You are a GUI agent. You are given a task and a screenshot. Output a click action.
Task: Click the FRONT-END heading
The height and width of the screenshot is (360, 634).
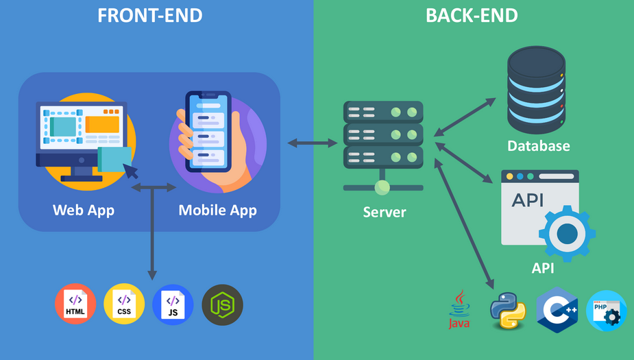(150, 15)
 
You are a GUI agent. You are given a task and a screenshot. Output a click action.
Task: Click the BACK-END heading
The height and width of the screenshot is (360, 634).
(472, 15)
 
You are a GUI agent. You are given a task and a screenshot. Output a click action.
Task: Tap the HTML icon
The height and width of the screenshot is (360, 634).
(76, 304)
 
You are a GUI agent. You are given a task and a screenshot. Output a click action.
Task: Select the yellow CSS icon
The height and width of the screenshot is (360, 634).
(124, 304)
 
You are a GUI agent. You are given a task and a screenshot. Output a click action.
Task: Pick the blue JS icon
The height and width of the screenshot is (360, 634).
(173, 304)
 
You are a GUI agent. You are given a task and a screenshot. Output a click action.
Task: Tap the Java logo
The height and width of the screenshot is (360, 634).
(459, 309)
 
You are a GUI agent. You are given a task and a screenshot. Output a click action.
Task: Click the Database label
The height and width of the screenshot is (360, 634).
(538, 146)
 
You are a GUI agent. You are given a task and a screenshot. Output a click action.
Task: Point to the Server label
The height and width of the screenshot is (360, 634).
(384, 213)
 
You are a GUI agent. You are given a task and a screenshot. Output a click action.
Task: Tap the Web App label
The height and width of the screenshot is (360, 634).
(84, 210)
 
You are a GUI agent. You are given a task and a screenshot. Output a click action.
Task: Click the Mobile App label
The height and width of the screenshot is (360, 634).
(217, 210)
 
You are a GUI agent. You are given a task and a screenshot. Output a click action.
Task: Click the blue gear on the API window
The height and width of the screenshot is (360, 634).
(567, 234)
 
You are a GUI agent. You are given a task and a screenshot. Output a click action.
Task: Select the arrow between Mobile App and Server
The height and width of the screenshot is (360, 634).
(313, 143)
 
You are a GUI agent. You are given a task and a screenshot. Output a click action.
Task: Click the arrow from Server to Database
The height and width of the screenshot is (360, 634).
(465, 116)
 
